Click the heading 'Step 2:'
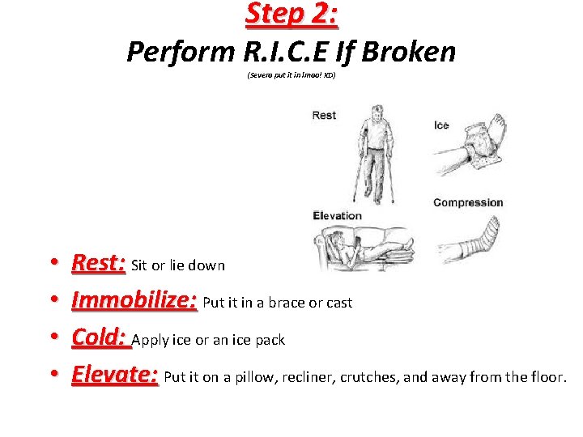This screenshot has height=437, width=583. pyautogui.click(x=291, y=15)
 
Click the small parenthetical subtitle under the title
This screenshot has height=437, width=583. pyautogui.click(x=291, y=75)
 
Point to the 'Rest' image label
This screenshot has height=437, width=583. pyautogui.click(x=324, y=116)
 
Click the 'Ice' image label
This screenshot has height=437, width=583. pyautogui.click(x=441, y=125)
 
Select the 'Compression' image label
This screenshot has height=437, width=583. pyautogui.click(x=468, y=202)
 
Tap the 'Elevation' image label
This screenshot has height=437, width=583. pyautogui.click(x=337, y=215)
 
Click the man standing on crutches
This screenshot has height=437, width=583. pyautogui.click(x=374, y=154)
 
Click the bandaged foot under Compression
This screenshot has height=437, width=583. pyautogui.click(x=478, y=239)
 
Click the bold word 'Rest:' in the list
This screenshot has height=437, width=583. pyautogui.click(x=98, y=263)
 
